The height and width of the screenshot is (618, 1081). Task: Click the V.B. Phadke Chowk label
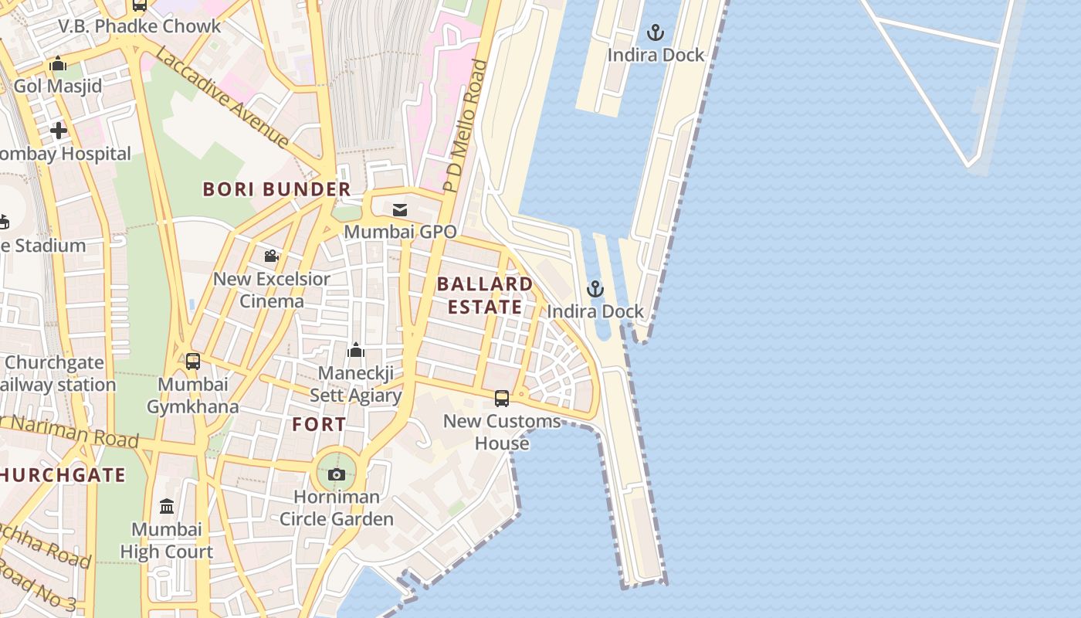140,26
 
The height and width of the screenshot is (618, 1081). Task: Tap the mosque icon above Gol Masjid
58,64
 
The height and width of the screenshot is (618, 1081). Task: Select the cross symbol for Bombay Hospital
59,131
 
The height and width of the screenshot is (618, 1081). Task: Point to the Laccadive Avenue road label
222,97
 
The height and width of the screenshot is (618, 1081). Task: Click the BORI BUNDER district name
276,189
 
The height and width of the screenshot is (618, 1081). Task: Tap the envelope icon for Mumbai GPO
400,210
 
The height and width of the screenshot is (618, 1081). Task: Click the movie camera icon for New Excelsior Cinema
271,256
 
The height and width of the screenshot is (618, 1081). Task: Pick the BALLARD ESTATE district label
485,295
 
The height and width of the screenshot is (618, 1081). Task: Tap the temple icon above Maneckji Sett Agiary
356,351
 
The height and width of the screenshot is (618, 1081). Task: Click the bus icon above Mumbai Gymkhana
193,361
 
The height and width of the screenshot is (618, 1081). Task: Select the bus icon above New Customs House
502,399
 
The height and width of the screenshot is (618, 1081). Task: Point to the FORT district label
319,424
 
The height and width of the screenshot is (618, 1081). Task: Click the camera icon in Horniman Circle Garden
337,474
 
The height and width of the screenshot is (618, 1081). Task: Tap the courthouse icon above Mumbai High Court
167,507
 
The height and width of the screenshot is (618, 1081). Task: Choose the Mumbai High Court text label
167,541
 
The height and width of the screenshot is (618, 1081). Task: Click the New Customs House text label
502,432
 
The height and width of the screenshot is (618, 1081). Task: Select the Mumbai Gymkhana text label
193,396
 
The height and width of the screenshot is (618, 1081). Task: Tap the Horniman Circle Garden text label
337,508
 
